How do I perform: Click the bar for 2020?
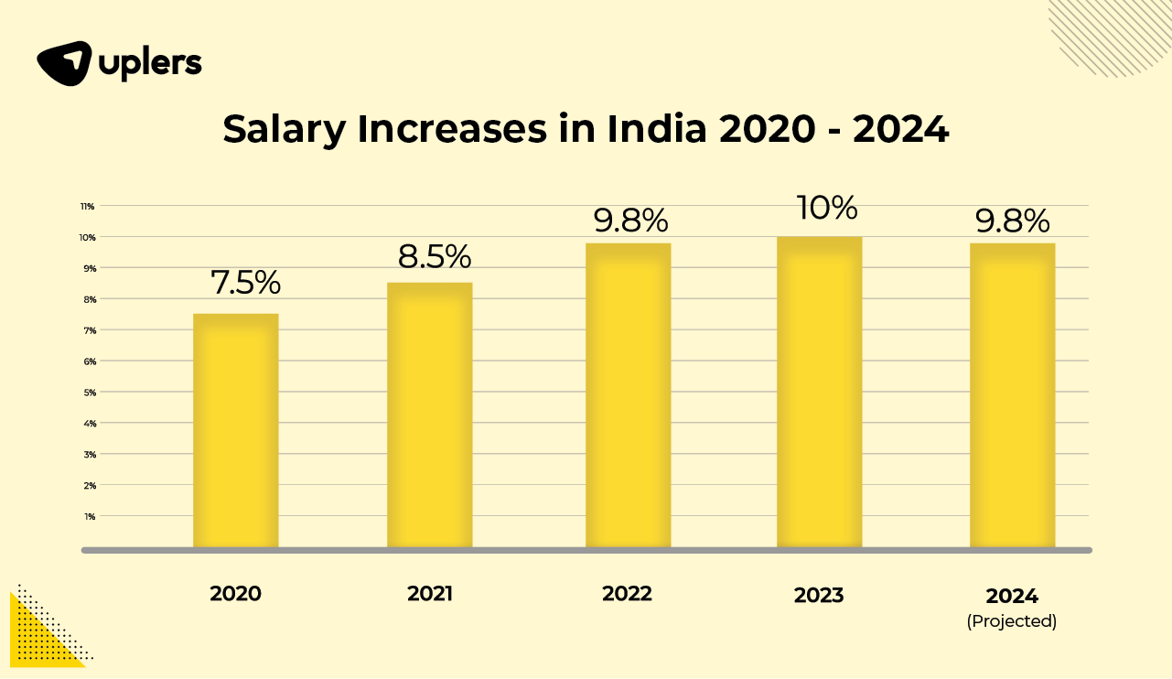point(235,430)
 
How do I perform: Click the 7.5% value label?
point(246,283)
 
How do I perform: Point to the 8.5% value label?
point(435,256)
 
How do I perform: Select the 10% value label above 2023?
point(825,208)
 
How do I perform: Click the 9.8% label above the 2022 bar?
point(631,221)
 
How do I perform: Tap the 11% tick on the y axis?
point(88,206)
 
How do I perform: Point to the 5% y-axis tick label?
point(89,392)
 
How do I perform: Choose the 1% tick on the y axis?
point(90,516)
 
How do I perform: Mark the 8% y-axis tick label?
point(89,299)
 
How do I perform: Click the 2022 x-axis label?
point(627,593)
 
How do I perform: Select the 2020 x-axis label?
point(235,593)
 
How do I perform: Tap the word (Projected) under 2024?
point(1012,621)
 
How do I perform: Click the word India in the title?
point(656,130)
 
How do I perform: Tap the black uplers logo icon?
point(63,63)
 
